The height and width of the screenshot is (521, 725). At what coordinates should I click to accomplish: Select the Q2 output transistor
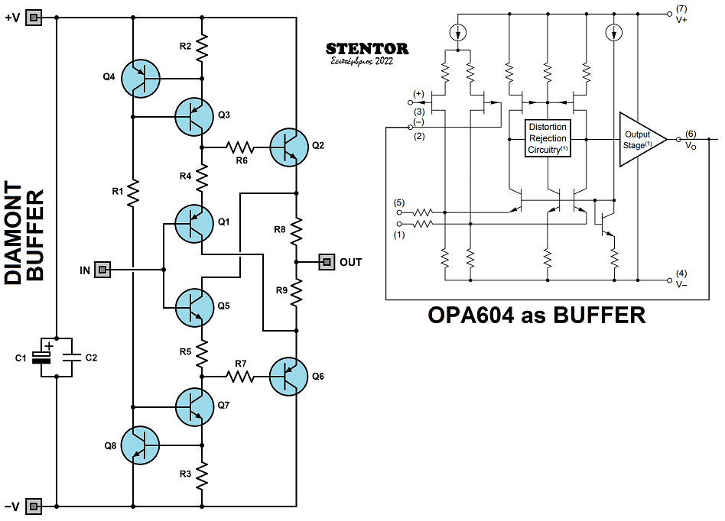coord(291,145)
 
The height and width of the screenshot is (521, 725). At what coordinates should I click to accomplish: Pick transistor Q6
coord(291,376)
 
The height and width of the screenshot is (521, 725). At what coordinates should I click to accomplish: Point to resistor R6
coord(242,145)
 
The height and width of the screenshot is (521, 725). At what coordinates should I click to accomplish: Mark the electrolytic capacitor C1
coord(46,358)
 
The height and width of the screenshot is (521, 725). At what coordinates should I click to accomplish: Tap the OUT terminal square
coord(327,262)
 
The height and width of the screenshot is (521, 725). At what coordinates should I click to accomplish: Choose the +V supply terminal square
coord(34,18)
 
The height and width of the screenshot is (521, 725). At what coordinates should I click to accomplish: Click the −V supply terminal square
coord(34,506)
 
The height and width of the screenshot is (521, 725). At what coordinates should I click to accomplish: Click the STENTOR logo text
coord(366,49)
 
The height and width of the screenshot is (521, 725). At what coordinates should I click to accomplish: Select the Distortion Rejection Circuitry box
coord(548,138)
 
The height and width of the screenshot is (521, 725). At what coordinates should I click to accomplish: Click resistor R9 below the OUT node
coord(297,292)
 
